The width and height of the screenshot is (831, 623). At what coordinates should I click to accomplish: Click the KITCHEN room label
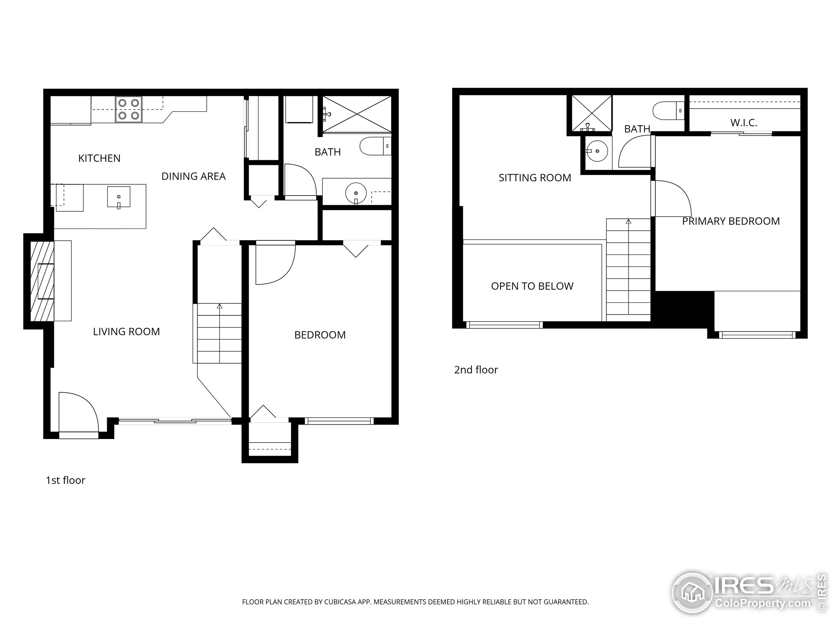click(99, 158)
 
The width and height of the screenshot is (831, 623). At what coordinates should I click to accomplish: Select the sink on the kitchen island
click(119, 197)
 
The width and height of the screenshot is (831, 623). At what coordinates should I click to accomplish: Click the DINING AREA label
click(193, 176)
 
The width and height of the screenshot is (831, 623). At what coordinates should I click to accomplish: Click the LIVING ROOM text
click(126, 332)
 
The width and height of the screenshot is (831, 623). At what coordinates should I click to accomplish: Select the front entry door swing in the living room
click(78, 412)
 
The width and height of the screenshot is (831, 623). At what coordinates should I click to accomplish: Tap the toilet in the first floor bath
click(375, 146)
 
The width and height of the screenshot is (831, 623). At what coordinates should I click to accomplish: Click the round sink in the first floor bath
click(355, 193)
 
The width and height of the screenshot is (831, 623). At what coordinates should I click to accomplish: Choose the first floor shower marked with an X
click(356, 114)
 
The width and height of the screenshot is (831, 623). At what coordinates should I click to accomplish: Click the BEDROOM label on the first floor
click(320, 335)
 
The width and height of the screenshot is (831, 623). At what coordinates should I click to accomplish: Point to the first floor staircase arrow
click(219, 306)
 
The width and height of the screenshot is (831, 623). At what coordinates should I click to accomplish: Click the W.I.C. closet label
click(743, 122)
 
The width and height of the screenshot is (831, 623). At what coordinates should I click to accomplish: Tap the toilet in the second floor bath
click(668, 111)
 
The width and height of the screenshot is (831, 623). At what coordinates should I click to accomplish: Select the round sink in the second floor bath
click(597, 151)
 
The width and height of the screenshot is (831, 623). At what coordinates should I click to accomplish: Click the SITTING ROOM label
click(535, 177)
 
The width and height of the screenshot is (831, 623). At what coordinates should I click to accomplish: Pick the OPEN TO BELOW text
click(532, 286)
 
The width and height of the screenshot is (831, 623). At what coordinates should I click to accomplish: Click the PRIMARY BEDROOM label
click(731, 221)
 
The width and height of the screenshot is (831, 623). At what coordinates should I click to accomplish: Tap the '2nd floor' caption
click(476, 370)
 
